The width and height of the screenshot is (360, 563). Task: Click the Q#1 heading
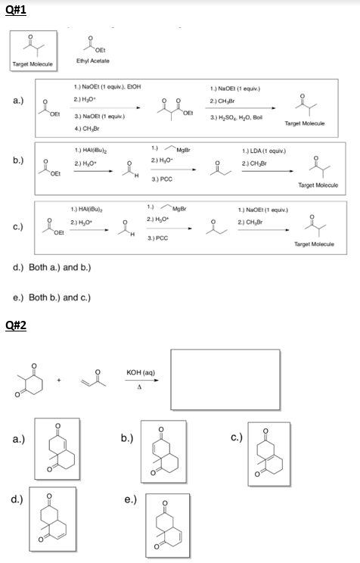point(14,9)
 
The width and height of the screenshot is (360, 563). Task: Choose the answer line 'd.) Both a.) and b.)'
point(54,269)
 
